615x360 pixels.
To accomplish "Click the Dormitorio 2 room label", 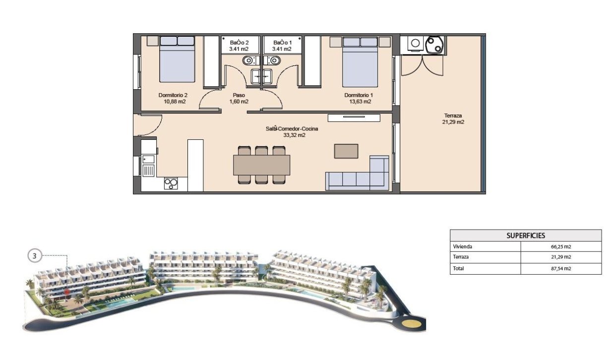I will [173, 95].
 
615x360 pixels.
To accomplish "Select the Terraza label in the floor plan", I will [453, 115].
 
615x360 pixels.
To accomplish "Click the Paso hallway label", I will [239, 95].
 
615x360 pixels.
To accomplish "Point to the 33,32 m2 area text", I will [291, 135].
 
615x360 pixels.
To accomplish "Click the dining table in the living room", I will [261, 165].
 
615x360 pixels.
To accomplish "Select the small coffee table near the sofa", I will [346, 151].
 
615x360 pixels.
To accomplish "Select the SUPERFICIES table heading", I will [526, 236].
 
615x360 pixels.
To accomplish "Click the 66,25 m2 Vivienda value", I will [561, 246].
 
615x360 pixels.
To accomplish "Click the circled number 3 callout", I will [34, 256].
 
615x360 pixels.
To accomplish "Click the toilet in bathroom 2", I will [248, 60].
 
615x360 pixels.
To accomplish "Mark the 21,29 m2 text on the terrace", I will [453, 121].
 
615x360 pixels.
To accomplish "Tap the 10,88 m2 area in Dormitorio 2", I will [175, 102].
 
